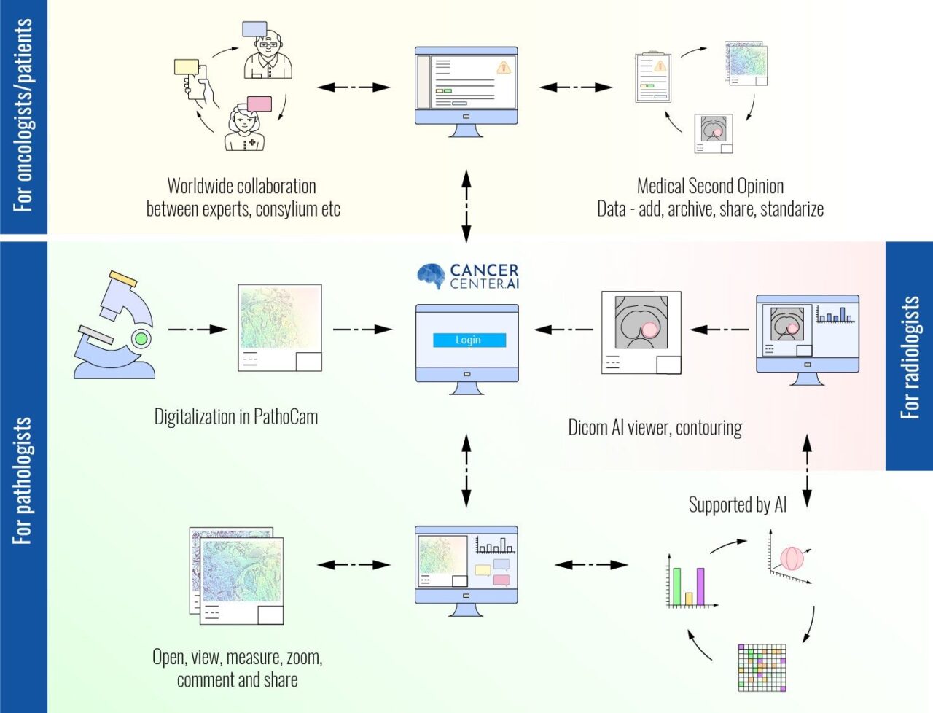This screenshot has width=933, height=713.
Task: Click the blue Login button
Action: pos(468,340)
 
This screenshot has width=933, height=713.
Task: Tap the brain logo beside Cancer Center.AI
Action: pos(431,276)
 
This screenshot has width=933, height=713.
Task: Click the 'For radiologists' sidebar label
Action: pos(909,356)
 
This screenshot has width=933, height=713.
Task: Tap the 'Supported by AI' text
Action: pos(737,504)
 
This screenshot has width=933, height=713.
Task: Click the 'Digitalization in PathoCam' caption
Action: pos(235,417)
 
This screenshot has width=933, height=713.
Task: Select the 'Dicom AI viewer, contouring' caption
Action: pos(655,427)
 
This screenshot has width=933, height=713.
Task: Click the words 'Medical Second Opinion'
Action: pos(710,186)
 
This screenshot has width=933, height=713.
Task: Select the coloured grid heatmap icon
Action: pos(762,667)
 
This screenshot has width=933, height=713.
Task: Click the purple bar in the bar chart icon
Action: pos(700,586)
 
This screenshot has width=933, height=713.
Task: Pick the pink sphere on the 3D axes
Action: pos(792,558)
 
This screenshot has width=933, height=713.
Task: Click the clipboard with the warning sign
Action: pos(652,77)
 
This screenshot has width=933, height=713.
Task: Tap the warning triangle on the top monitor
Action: pos(503,68)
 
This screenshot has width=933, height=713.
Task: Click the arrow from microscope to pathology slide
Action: pos(198,330)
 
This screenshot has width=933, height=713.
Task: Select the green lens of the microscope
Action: pos(141,338)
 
